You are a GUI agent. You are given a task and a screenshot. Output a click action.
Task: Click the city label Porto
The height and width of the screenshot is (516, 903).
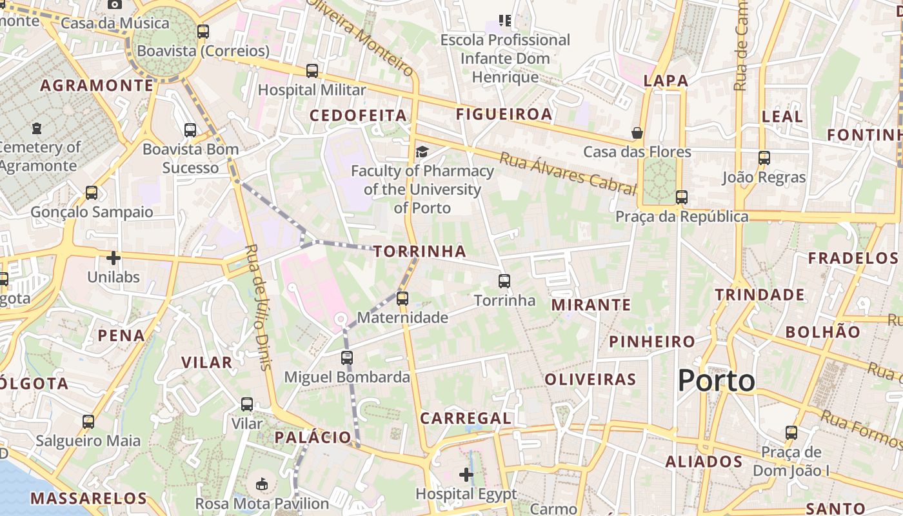point(716,381)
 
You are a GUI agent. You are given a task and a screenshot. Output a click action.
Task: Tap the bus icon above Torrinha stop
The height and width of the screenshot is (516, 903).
point(504,281)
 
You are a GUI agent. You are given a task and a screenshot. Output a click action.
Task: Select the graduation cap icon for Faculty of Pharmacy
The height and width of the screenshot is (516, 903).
point(422,152)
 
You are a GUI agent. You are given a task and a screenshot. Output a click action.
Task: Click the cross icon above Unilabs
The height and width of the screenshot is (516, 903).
point(114,259)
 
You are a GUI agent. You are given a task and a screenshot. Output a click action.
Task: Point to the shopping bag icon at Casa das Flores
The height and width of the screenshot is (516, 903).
point(637,133)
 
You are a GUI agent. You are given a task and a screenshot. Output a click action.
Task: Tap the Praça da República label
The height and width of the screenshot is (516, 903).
point(682,217)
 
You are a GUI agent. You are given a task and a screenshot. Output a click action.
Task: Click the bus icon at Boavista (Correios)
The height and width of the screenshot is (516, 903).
point(203,31)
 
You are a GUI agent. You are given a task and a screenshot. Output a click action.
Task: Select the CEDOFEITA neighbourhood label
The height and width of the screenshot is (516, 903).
point(358,115)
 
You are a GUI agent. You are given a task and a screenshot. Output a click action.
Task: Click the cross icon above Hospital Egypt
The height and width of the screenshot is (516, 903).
point(466,475)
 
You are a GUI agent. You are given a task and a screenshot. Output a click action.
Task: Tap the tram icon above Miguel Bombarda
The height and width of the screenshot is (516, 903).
point(347,357)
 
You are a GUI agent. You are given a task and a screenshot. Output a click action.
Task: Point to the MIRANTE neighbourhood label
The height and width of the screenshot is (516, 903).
point(591,305)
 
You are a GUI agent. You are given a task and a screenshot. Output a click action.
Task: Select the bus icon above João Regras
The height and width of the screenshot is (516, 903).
point(764,157)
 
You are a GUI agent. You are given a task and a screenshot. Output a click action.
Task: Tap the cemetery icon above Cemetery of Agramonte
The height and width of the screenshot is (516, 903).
point(37,128)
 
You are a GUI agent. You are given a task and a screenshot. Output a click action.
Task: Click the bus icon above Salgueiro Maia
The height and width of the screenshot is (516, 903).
point(88,422)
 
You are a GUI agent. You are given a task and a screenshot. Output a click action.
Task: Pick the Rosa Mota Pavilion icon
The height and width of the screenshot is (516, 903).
point(262,484)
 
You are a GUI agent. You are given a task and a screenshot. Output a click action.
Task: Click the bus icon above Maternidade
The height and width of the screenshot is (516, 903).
point(402,298)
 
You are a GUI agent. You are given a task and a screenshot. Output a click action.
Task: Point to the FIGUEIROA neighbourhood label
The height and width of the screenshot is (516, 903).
point(504,115)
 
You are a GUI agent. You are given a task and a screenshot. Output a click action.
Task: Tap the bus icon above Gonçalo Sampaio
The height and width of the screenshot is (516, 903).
point(92,192)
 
